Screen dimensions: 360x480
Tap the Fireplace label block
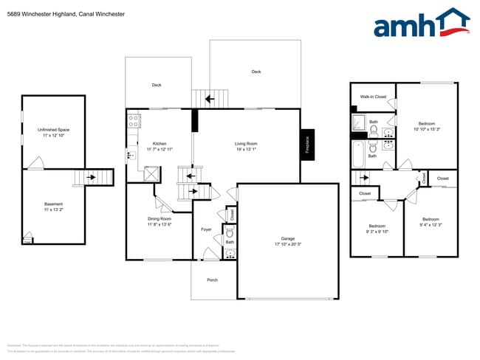(307, 144)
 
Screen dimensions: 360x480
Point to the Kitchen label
(160, 143)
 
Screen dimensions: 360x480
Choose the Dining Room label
(160, 219)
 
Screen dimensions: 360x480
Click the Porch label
(213, 280)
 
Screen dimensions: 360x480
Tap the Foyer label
(207, 229)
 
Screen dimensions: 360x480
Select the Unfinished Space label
(53, 130)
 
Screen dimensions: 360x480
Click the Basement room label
(53, 204)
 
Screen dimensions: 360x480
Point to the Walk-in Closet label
(373, 97)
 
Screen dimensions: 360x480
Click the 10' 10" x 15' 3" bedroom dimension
(427, 130)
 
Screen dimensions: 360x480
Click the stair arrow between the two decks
(210, 97)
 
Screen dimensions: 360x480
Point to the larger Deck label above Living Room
(256, 72)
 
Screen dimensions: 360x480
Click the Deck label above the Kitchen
(157, 85)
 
